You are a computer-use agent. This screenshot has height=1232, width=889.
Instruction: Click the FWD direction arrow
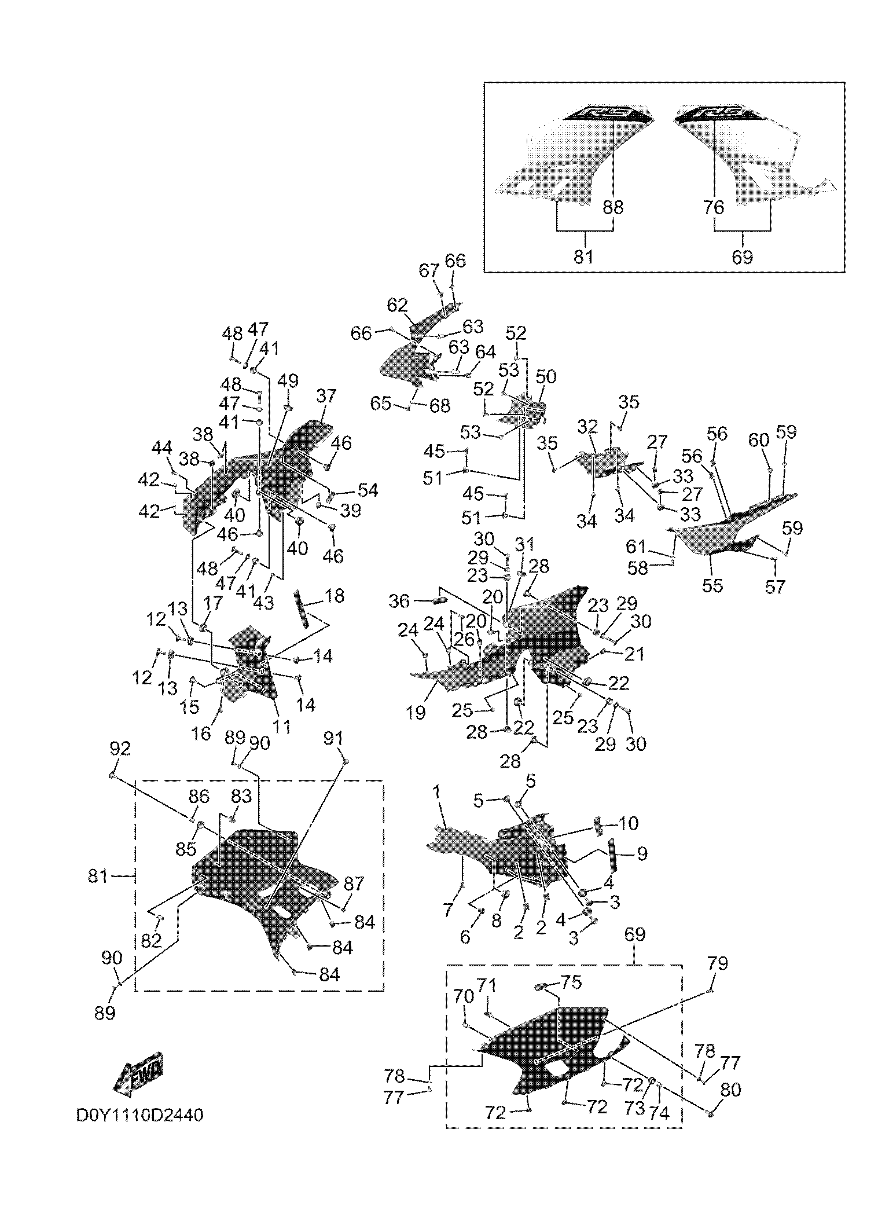tap(138, 1073)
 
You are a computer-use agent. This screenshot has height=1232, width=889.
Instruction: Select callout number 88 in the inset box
tap(613, 207)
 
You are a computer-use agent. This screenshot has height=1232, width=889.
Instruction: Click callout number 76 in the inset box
tap(714, 207)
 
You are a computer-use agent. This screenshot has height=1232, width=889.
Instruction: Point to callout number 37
tap(326, 397)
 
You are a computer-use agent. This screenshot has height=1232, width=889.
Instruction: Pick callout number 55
tap(712, 585)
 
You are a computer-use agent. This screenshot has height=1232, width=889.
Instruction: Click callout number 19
tap(416, 713)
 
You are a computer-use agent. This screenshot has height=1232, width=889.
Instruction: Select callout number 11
tap(282, 727)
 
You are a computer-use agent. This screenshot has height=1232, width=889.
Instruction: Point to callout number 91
tap(333, 738)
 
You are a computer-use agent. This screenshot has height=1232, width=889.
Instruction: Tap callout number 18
tap(334, 596)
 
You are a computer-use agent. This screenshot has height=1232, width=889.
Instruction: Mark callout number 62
tap(398, 305)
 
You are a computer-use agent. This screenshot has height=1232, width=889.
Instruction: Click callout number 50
tap(545, 377)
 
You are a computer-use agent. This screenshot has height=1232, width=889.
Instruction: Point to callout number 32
tap(587, 427)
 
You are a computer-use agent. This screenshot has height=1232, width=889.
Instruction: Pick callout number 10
tap(628, 823)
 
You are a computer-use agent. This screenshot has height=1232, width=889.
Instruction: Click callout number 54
tap(368, 490)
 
